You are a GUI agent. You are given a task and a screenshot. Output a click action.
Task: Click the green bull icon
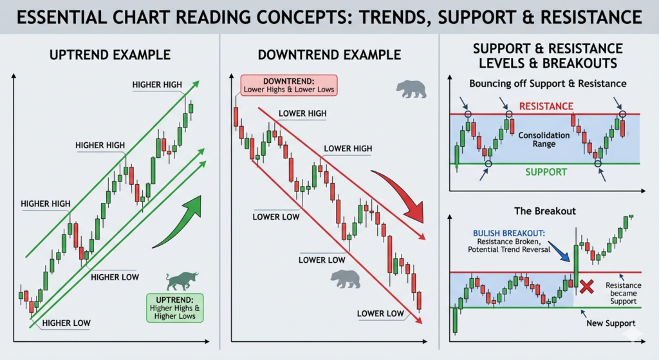point(181,281)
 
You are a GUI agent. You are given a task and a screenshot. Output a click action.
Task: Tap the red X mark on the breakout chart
point(586,287)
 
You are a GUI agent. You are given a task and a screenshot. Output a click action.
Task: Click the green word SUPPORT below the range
point(546,172)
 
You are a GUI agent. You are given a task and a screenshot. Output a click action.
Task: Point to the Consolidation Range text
point(544,140)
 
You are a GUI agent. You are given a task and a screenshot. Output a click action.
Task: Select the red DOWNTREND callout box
point(288,85)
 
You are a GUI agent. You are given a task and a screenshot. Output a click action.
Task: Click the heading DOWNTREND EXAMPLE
point(329,55)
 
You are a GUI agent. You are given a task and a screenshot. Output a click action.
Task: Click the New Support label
point(611,323)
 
